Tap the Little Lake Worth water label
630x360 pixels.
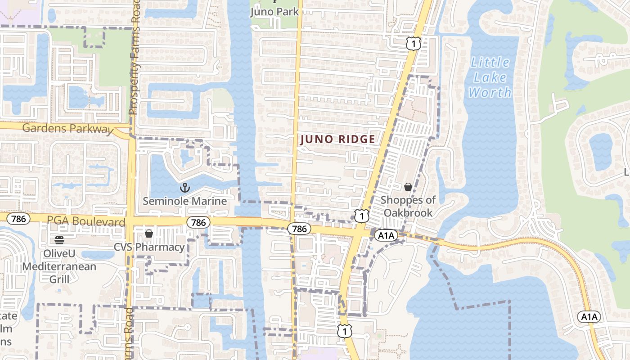(490, 77)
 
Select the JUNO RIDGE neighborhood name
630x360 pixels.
(337, 139)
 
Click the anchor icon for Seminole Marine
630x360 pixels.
(184, 187)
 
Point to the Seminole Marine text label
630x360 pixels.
(184, 201)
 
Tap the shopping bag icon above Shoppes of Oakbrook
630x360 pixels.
(408, 187)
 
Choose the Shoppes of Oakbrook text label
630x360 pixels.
(408, 206)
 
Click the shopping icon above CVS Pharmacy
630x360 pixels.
(149, 234)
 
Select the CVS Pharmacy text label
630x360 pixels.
(149, 247)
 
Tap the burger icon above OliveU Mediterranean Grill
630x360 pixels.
(59, 240)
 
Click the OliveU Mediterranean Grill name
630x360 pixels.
(59, 266)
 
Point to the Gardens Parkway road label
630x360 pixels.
(67, 129)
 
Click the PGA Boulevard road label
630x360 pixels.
(86, 221)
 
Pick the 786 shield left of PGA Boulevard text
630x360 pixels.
(18, 219)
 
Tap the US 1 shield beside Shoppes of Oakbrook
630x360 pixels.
(361, 216)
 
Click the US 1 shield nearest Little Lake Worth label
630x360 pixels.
(413, 44)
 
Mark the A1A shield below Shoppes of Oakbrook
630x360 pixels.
(386, 235)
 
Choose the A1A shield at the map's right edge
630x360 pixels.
(589, 317)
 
